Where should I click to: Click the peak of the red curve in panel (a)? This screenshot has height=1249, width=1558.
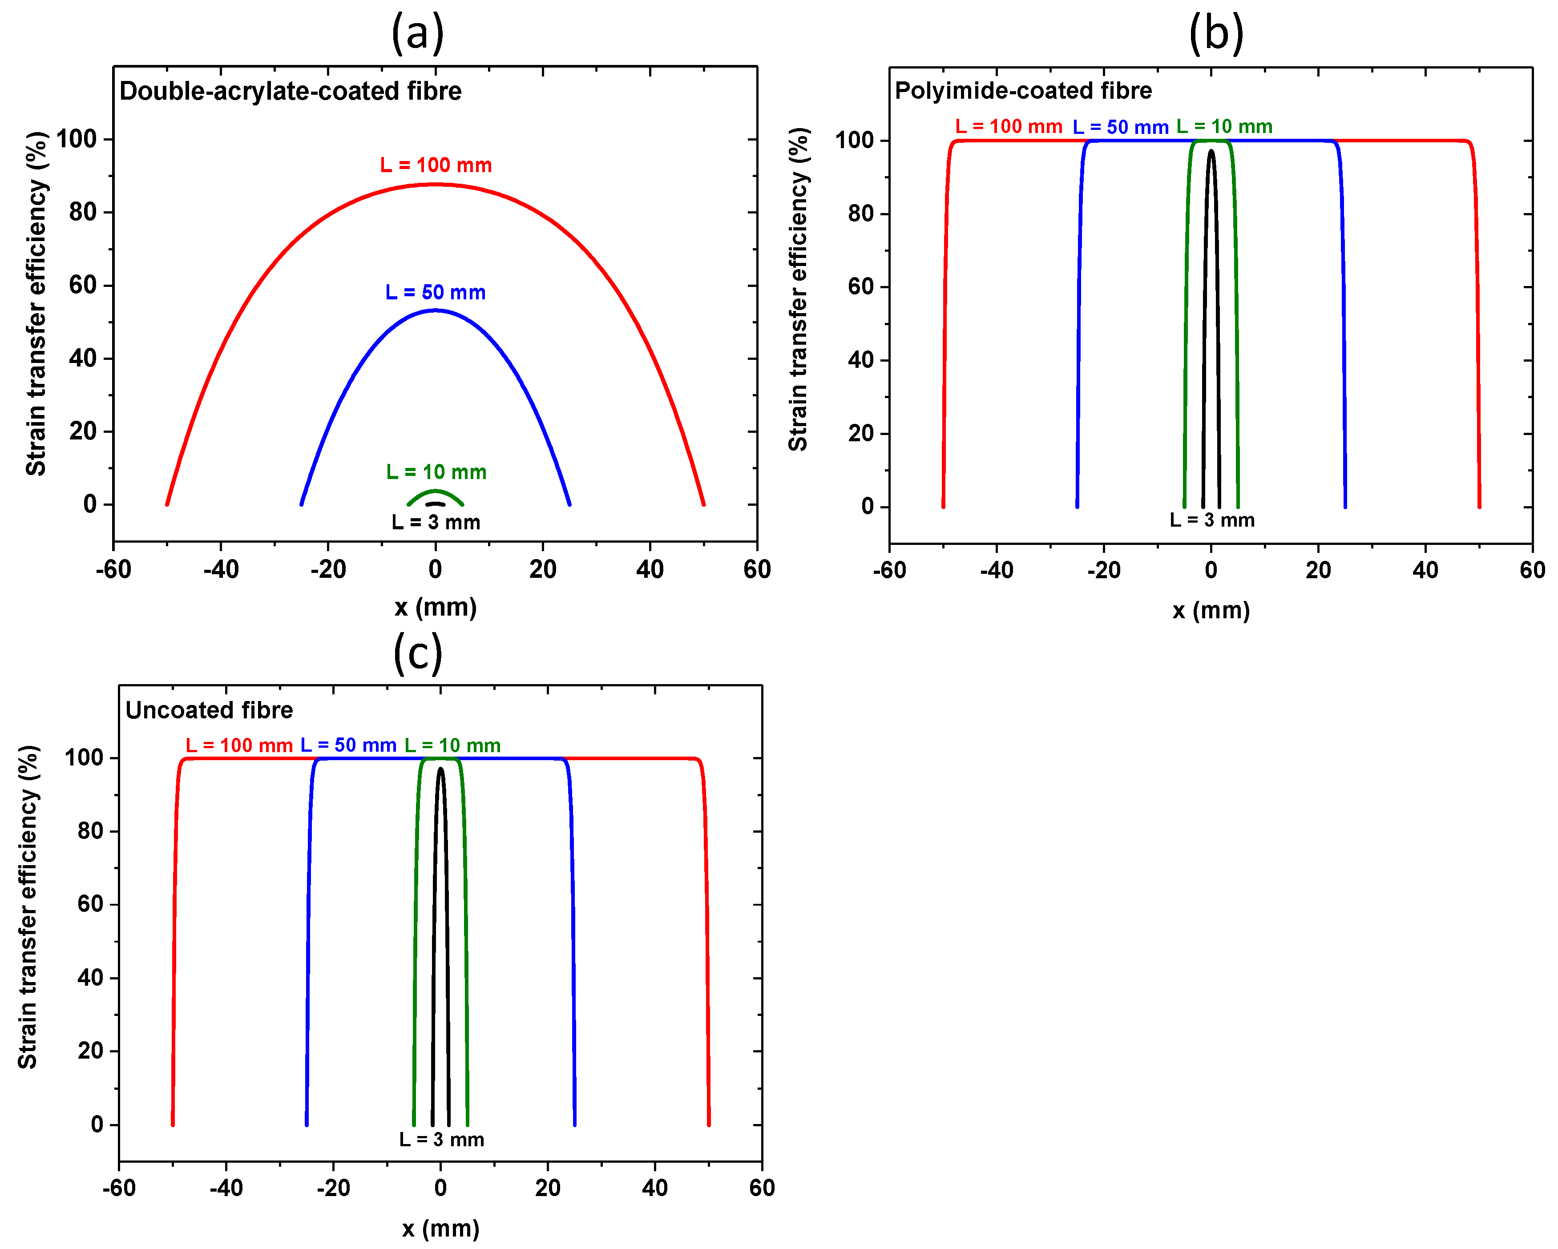click(x=435, y=184)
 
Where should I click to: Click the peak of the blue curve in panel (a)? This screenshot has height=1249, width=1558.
click(x=435, y=310)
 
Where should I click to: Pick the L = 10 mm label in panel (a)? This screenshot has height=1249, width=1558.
click(x=436, y=472)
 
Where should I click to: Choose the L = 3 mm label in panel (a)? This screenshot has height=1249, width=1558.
click(x=436, y=522)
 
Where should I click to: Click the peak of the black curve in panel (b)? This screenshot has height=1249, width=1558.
click(x=1211, y=151)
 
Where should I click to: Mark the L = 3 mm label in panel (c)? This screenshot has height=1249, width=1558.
click(x=441, y=1139)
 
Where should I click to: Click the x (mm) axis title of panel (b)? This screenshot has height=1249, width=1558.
click(x=1211, y=610)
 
